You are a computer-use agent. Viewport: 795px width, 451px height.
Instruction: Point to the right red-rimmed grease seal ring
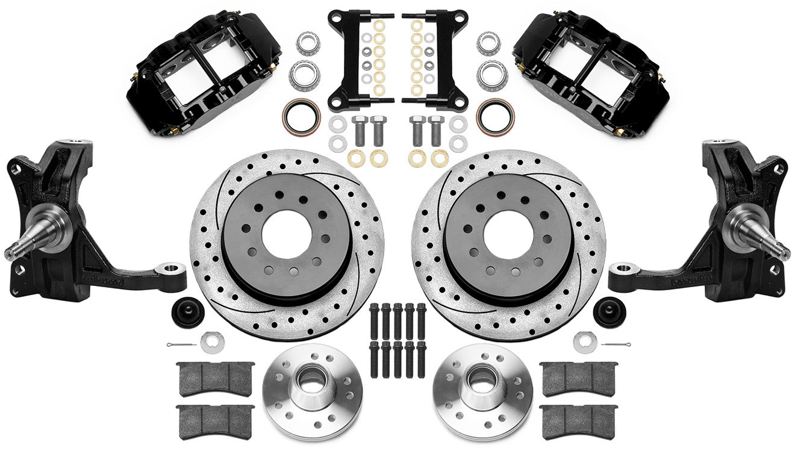click(x=495, y=115)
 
